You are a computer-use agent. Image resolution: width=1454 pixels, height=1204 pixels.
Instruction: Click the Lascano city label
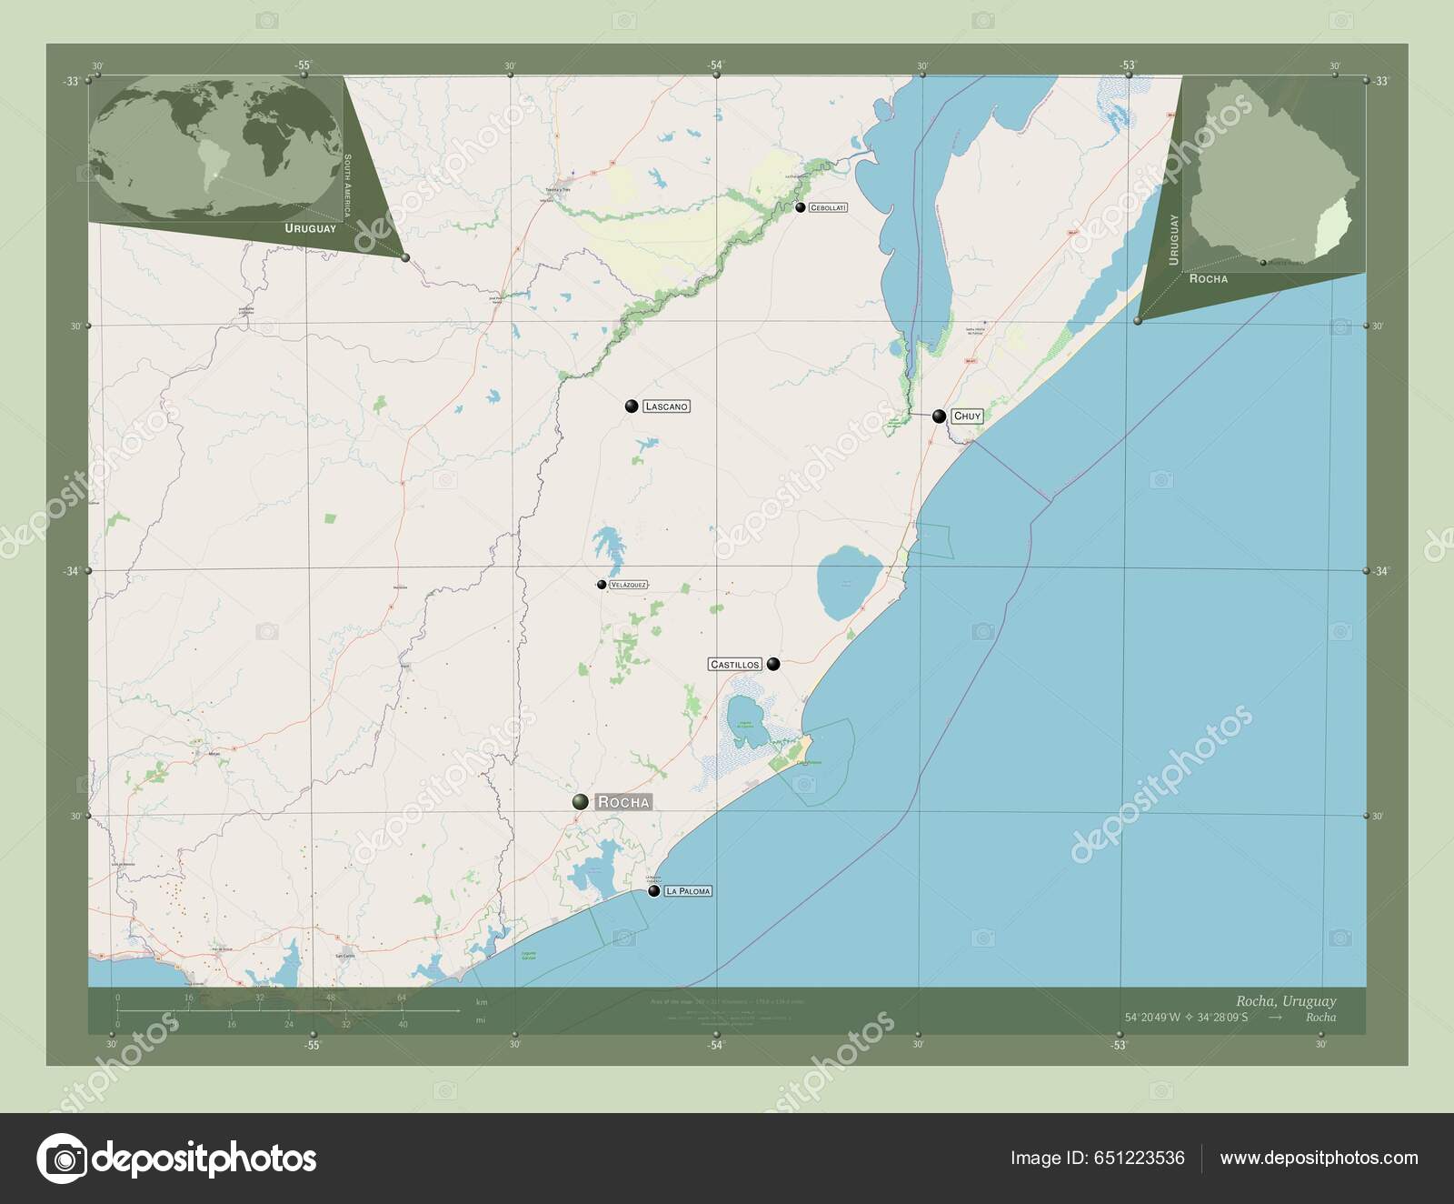[666, 406]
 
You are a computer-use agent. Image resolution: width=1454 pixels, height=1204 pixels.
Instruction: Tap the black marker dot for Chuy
[939, 416]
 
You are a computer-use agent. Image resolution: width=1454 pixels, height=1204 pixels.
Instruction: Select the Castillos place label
[734, 665]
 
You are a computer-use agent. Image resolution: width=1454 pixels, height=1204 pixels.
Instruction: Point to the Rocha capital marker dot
[580, 802]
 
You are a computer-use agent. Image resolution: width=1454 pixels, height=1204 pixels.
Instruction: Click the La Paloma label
[688, 891]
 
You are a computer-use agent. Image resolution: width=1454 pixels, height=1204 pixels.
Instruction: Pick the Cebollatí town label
[828, 207]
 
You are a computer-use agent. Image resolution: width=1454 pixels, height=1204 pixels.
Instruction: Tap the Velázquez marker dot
[602, 585]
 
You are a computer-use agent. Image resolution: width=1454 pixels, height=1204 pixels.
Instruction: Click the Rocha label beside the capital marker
[623, 802]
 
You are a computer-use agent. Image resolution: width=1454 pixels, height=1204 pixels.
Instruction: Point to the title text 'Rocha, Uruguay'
[1287, 1001]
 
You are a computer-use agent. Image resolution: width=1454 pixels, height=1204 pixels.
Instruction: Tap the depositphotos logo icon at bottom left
[62, 1159]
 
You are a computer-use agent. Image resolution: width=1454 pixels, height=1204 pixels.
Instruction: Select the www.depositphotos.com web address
[1319, 1158]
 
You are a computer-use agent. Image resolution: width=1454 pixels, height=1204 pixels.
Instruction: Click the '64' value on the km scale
[401, 998]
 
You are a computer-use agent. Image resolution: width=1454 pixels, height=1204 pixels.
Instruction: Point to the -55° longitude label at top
[303, 65]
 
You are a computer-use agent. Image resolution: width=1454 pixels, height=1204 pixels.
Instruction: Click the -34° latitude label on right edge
[1381, 571]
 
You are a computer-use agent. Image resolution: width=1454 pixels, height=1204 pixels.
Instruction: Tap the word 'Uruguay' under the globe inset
[309, 228]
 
